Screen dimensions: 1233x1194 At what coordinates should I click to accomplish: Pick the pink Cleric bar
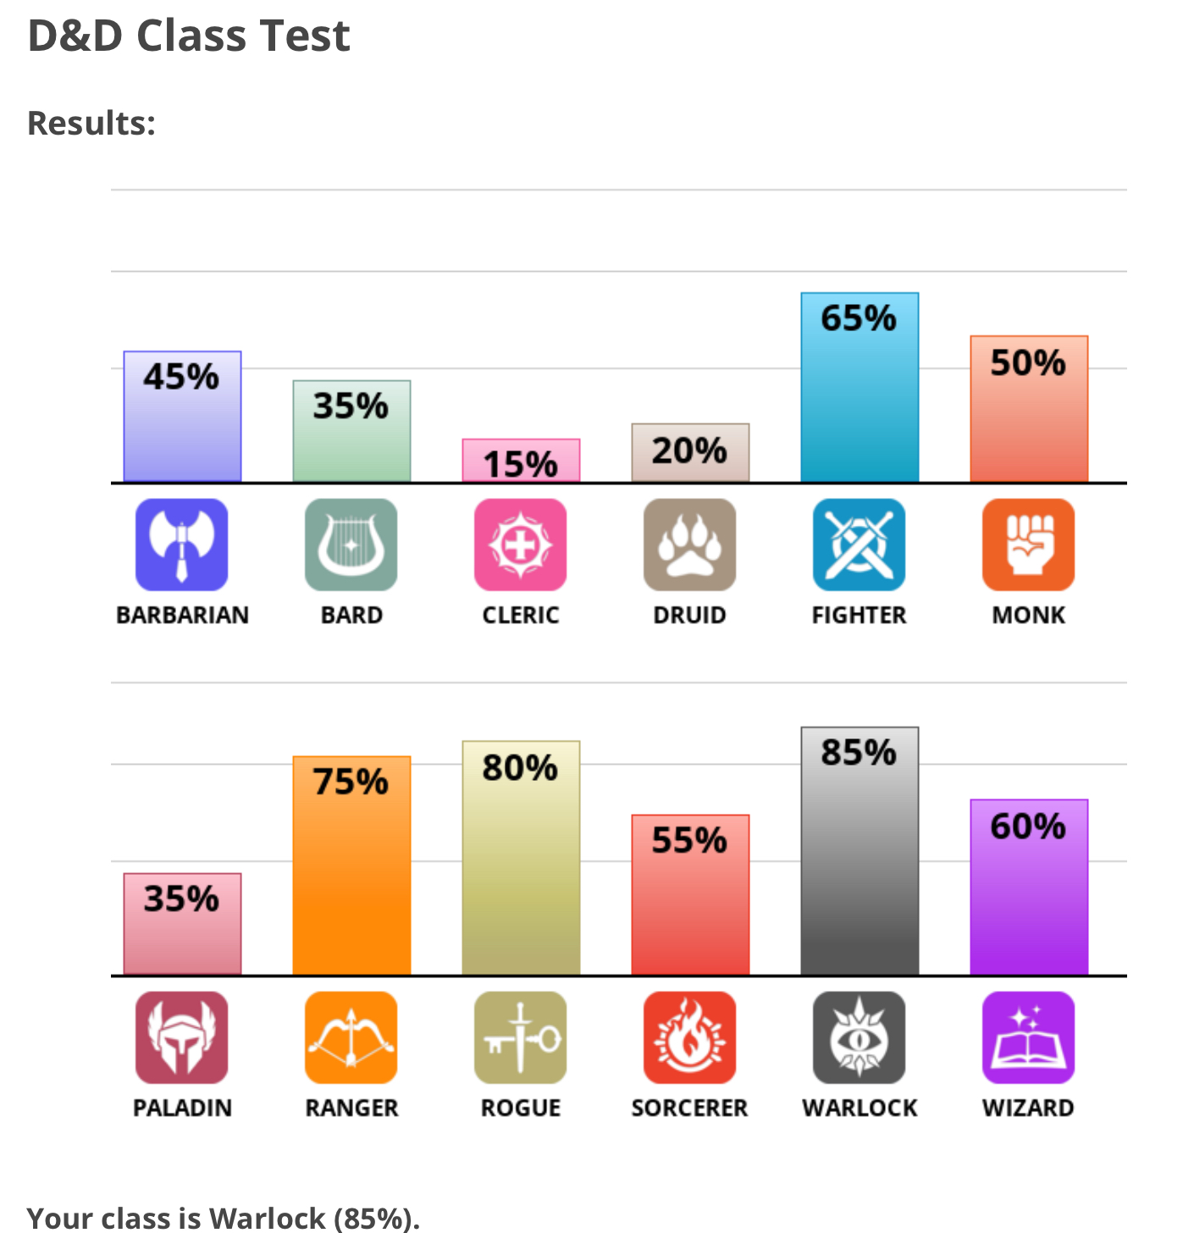[x=521, y=461]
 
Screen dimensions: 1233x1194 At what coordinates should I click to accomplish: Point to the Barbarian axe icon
[x=182, y=545]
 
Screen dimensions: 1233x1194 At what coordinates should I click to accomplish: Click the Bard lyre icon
[x=351, y=545]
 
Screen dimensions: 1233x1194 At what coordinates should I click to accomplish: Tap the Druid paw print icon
[x=690, y=545]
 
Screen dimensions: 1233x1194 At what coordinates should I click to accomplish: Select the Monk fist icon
[x=1029, y=545]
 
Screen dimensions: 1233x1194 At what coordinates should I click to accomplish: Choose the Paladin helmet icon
[x=182, y=1037]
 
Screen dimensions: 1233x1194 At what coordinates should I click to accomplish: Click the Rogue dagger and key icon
[x=521, y=1037]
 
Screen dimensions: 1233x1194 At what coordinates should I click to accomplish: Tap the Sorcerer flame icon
[x=690, y=1037]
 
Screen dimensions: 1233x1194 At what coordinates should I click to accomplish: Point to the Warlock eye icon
[x=860, y=1037]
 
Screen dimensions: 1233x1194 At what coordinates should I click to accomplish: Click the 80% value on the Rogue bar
[x=520, y=768]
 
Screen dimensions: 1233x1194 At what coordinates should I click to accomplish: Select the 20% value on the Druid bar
[x=689, y=451]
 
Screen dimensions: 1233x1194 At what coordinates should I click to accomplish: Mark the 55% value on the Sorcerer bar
[x=689, y=840]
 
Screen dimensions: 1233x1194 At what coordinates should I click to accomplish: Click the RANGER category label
[x=351, y=1108]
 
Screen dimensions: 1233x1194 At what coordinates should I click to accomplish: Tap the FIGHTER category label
[x=860, y=615]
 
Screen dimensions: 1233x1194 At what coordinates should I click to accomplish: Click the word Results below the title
[x=91, y=124]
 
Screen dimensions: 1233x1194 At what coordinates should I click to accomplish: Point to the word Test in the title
[x=305, y=36]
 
